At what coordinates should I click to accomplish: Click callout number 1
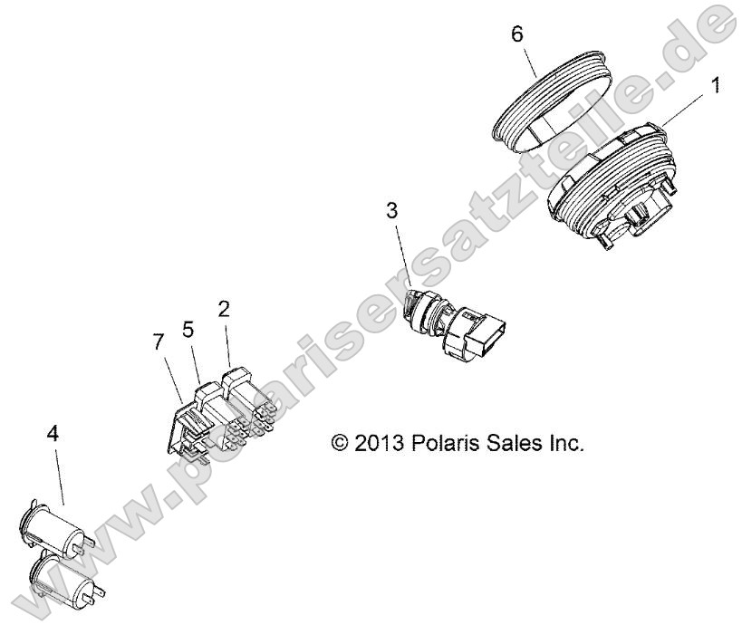pyautogui.click(x=717, y=86)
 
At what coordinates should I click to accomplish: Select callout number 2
pyautogui.click(x=224, y=309)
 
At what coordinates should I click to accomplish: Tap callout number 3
pyautogui.click(x=391, y=210)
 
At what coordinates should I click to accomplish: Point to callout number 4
pyautogui.click(x=53, y=433)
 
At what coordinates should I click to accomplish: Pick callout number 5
pyautogui.click(x=188, y=330)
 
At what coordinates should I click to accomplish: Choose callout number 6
pyautogui.click(x=517, y=34)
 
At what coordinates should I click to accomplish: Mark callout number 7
pyautogui.click(x=159, y=341)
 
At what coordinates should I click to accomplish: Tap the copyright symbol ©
pyautogui.click(x=340, y=443)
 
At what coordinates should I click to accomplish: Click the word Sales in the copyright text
pyautogui.click(x=503, y=443)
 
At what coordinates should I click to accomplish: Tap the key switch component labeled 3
pyautogui.click(x=453, y=325)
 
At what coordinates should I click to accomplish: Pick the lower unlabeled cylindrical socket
pyautogui.click(x=69, y=577)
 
